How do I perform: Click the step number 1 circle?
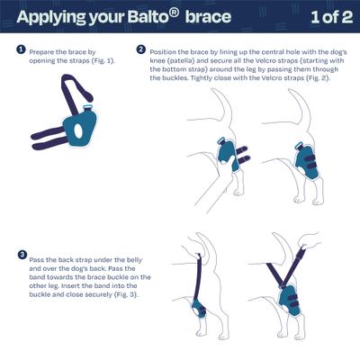click(x=21, y=51)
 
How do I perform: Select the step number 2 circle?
click(x=141, y=51)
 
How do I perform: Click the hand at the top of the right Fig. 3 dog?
click(x=311, y=240)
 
